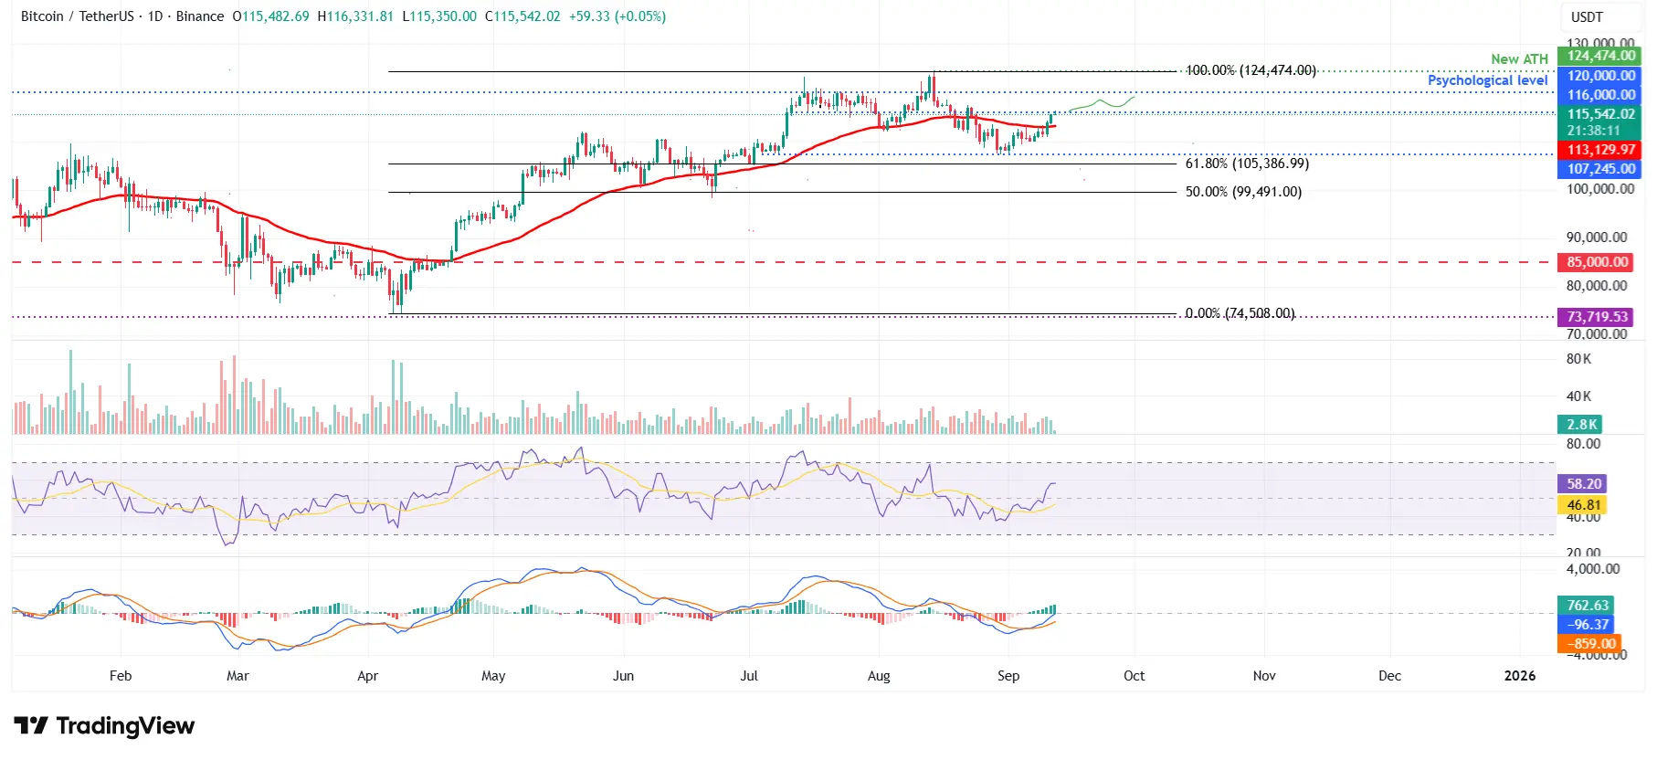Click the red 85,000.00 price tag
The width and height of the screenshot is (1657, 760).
point(1598,262)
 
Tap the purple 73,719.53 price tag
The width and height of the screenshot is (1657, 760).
point(1598,317)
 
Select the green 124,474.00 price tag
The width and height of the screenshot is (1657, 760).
point(1600,56)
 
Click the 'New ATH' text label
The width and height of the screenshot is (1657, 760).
point(1519,59)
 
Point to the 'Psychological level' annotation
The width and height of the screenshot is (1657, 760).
point(1487,80)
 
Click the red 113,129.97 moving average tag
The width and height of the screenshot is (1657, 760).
point(1600,150)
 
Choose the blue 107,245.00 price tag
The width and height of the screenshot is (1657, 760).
point(1600,169)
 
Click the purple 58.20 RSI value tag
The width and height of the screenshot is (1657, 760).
point(1584,484)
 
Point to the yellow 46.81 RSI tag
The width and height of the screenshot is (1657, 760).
point(1584,505)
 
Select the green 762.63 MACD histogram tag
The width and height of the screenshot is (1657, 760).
point(1588,606)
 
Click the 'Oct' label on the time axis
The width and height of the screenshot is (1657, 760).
point(1134,676)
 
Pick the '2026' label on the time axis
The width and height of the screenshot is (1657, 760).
point(1519,676)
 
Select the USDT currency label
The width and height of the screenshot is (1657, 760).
point(1587,16)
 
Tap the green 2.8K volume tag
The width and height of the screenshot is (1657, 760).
point(1581,425)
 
